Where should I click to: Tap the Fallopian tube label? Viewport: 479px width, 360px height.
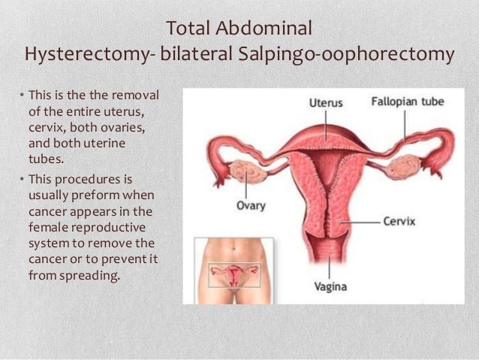coord(406,101)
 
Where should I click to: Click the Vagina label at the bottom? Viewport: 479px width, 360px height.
coord(330,287)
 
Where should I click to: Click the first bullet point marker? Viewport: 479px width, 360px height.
coord(22,96)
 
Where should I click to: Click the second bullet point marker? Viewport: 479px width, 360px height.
coord(22,180)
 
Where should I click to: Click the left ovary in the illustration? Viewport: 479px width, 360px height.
coord(246,171)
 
